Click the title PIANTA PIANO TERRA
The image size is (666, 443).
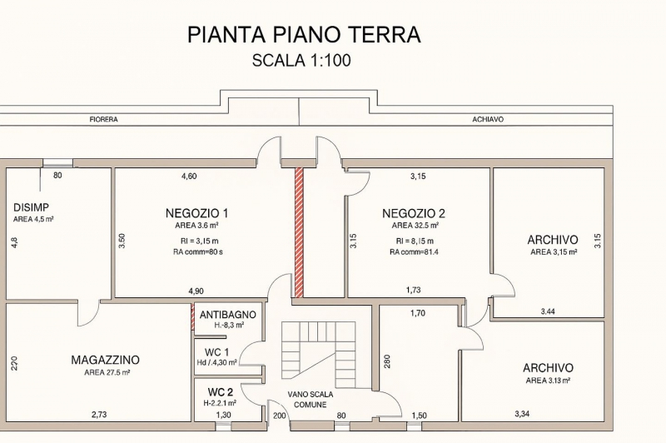pyautogui.click(x=304, y=34)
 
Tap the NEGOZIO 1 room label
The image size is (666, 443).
pyautogui.click(x=196, y=213)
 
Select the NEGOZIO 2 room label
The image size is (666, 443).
pyautogui.click(x=414, y=213)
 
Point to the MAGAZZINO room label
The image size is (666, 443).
pyautogui.click(x=105, y=360)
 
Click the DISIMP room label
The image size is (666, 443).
pyautogui.click(x=31, y=207)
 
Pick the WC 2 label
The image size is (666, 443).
pyautogui.click(x=221, y=391)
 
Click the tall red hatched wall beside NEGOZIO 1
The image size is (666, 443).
pyautogui.click(x=299, y=232)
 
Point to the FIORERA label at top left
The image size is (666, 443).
pyautogui.click(x=103, y=120)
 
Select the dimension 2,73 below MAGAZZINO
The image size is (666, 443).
pyautogui.click(x=98, y=414)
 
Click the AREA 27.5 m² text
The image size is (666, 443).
pyautogui.click(x=106, y=373)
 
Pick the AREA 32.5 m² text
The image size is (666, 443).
pyautogui.click(x=415, y=226)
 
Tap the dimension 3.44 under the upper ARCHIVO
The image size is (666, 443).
pyautogui.click(x=548, y=311)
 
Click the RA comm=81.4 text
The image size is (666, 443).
pyautogui.click(x=414, y=251)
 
